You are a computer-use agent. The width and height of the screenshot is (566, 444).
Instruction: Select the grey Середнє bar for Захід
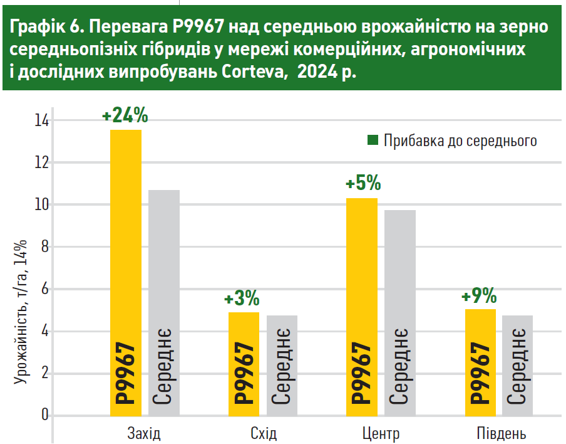(164, 301)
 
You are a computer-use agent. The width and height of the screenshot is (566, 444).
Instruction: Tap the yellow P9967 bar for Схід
(244, 364)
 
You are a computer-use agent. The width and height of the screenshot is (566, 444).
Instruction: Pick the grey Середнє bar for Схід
(282, 365)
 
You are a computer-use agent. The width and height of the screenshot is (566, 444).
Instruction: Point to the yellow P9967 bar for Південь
(480, 362)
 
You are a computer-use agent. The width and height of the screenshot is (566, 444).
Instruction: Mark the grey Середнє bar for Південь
(518, 365)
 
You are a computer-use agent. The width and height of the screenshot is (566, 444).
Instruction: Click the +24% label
(125, 115)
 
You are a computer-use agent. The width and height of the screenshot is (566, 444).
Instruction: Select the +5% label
(363, 184)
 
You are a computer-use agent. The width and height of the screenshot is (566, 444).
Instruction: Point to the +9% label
(479, 295)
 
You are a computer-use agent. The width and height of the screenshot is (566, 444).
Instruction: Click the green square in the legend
(373, 140)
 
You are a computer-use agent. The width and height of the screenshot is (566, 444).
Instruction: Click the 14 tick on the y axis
(42, 120)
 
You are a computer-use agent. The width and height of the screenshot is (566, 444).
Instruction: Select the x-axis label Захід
(144, 434)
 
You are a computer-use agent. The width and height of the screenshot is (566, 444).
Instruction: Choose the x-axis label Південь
(501, 434)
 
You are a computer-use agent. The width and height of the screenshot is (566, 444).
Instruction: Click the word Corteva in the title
(254, 71)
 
